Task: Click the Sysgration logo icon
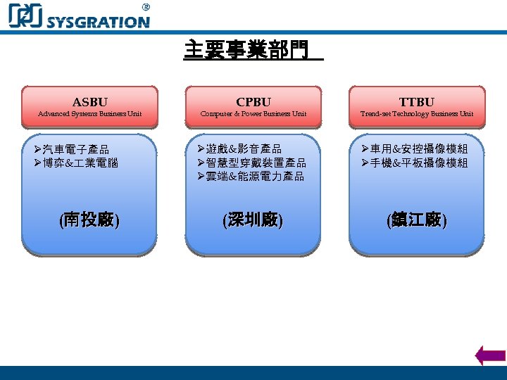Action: point(25,16)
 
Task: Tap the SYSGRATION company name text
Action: point(98,22)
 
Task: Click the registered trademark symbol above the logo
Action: point(146,6)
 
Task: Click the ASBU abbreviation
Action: point(89,102)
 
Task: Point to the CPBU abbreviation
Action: point(253,102)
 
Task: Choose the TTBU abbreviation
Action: point(416,102)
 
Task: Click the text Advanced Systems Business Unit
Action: point(89,114)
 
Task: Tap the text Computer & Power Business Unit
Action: point(253,114)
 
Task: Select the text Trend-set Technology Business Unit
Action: point(416,114)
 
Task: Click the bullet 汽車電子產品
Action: point(75,149)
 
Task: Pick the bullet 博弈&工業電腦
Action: point(80,163)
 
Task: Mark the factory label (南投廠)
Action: point(89,220)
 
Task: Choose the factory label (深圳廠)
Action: point(253,220)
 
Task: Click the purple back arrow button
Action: point(490,355)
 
